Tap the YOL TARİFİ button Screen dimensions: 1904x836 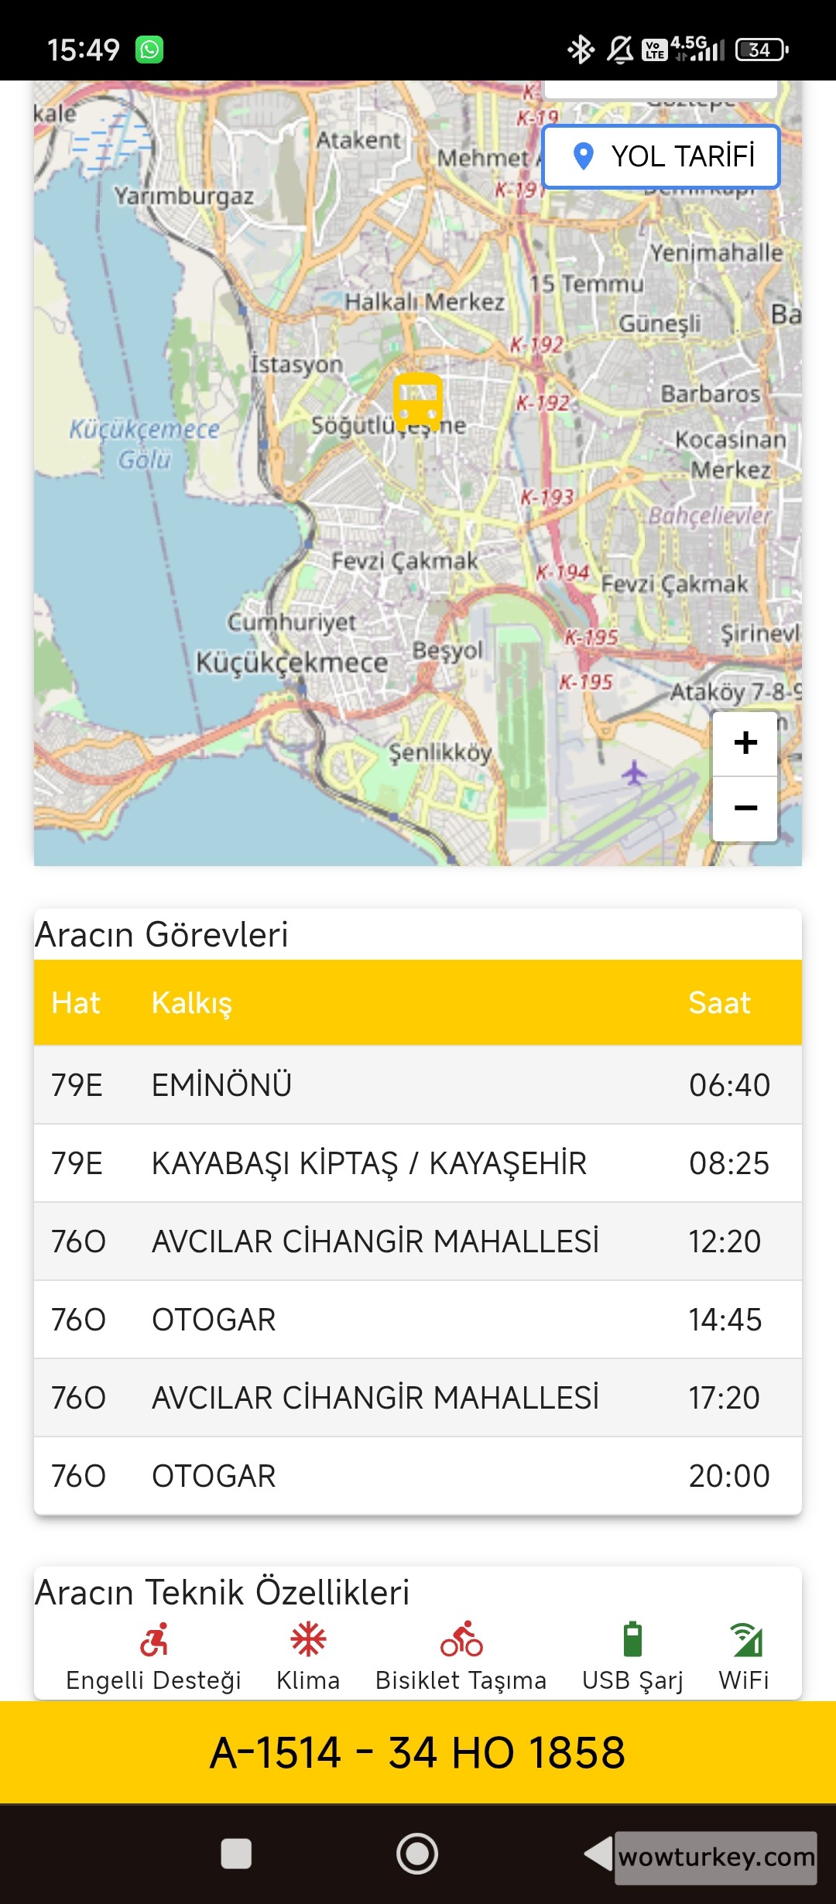pos(661,156)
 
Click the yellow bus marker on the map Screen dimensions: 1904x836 pos(418,400)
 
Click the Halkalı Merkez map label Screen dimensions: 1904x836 pos(424,301)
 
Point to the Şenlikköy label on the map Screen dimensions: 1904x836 pos(440,752)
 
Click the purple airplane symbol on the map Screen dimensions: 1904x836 pos(634,772)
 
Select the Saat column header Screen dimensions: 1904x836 pos(719,1003)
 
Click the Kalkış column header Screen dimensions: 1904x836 pos(192,1003)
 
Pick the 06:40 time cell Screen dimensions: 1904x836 pos(729,1085)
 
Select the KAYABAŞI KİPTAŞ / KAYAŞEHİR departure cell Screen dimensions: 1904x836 pos(369,1163)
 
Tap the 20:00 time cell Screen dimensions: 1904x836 pos(729,1476)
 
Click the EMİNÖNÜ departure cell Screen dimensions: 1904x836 pos(221,1085)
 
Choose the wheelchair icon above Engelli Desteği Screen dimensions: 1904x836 pos(154,1639)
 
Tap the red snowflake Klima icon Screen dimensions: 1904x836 pos(308,1639)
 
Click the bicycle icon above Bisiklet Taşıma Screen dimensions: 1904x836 pos(461,1639)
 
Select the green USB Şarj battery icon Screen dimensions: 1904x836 pos(632,1639)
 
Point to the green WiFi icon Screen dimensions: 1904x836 pos(745,1639)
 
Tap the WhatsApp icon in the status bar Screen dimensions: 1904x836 pos(149,50)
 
